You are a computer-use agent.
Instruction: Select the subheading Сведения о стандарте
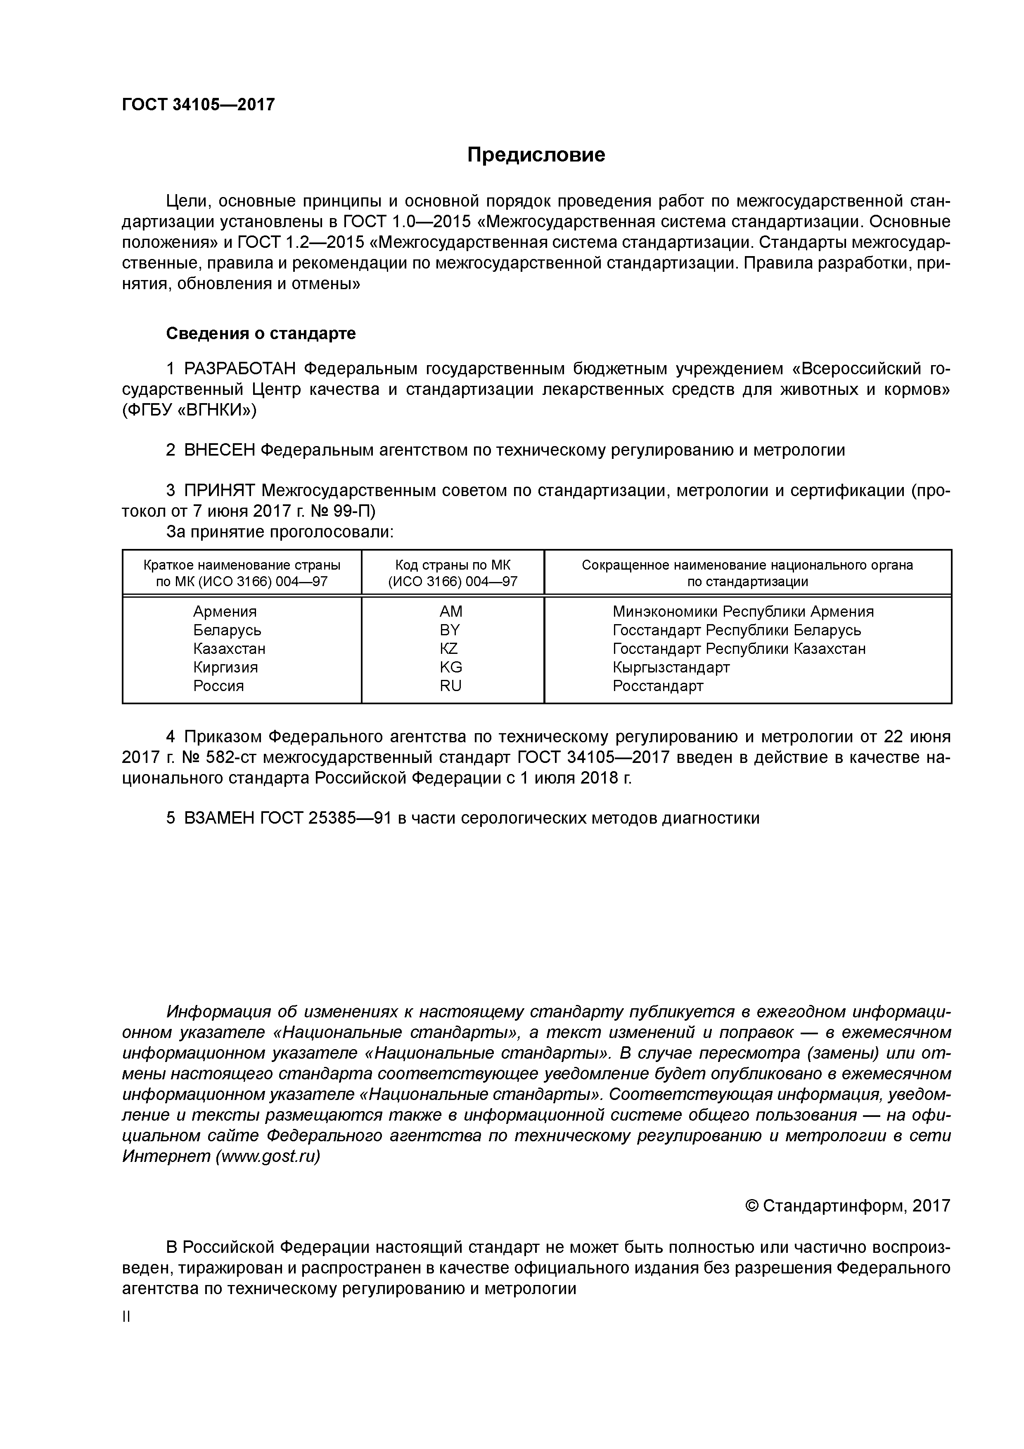(x=261, y=333)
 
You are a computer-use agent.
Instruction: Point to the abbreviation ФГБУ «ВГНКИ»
(x=189, y=410)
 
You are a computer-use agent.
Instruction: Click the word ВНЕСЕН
(x=220, y=450)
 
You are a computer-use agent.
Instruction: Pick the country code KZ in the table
(x=449, y=648)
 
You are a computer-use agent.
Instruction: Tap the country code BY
(x=450, y=630)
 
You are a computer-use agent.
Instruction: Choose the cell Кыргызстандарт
(x=671, y=667)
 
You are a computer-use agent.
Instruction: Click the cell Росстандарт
(x=657, y=685)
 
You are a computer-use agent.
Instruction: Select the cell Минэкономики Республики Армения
(x=742, y=611)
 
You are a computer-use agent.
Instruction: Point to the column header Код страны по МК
(x=453, y=565)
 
